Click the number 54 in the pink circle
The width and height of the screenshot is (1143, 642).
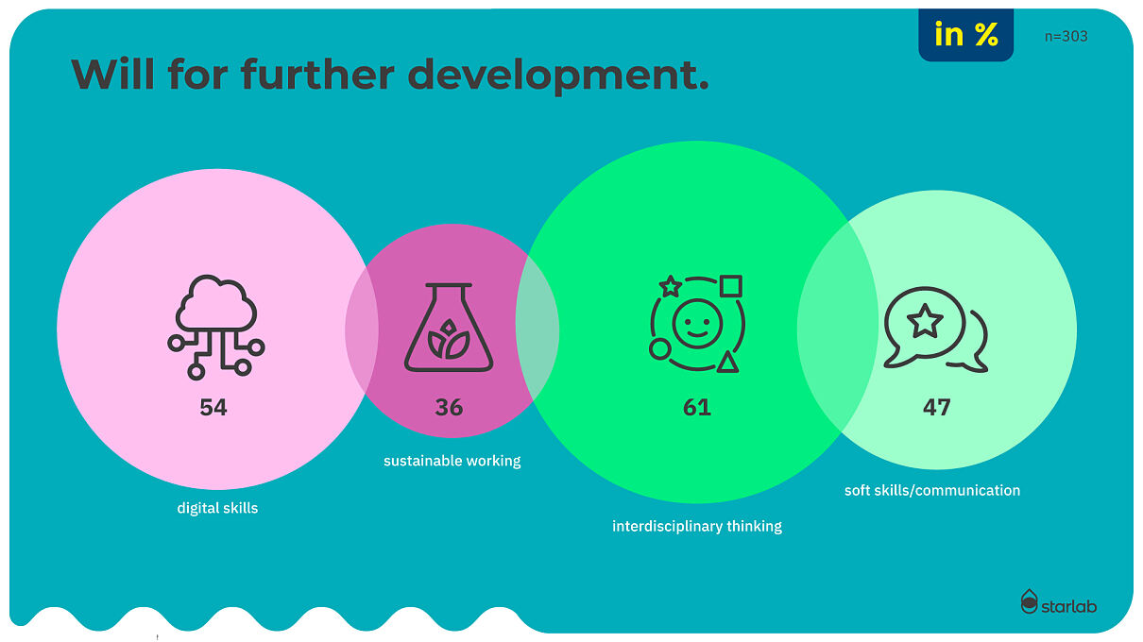coord(213,408)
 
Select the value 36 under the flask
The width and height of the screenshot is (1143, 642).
coord(449,408)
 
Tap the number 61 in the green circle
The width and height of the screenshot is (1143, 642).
coord(697,408)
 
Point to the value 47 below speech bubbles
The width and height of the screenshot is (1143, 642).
coord(937,408)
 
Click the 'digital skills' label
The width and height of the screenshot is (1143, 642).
coord(217,508)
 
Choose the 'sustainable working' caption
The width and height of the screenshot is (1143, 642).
coord(452,461)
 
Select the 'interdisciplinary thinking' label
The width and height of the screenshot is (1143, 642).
coord(697,526)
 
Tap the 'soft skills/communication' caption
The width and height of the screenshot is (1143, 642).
coord(932,491)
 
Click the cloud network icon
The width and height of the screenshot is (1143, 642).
coord(216,328)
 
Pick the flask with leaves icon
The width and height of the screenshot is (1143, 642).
coord(449,328)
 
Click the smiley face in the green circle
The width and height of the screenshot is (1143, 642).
coord(697,324)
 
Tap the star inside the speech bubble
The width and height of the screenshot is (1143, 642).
coord(925,322)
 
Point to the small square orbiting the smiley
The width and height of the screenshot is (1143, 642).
coord(731,286)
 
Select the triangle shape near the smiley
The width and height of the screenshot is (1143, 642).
coord(727,363)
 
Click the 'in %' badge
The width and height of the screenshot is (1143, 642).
coord(966,35)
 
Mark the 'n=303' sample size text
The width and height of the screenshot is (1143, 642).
coord(1066,37)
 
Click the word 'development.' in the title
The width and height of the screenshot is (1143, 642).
coord(558,76)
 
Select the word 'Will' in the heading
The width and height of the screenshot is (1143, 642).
coord(112,75)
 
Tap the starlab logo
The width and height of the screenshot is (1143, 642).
coord(1059,602)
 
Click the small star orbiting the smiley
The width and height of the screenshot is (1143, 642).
coord(671,286)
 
